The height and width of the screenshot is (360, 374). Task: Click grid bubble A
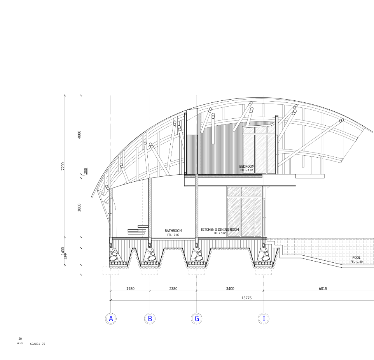click(x=111, y=319)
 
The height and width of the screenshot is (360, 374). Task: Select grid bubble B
click(x=150, y=319)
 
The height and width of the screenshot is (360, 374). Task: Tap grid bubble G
click(x=197, y=319)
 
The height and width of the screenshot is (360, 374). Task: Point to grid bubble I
click(x=264, y=319)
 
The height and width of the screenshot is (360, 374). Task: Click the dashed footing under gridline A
click(x=111, y=271)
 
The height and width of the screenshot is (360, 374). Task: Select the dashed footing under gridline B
click(x=150, y=271)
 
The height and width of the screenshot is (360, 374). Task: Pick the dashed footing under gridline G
click(x=197, y=271)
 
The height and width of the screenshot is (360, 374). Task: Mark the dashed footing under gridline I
click(x=264, y=271)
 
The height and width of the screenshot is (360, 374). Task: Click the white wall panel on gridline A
click(x=111, y=218)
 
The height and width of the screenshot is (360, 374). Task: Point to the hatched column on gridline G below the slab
click(x=197, y=206)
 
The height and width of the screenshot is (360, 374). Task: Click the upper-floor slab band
click(x=223, y=176)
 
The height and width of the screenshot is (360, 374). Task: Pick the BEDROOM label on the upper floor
click(x=246, y=167)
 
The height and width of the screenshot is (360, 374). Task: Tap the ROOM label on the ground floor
click(x=234, y=230)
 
